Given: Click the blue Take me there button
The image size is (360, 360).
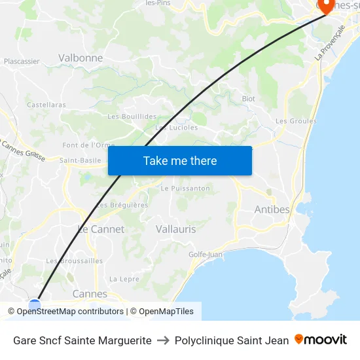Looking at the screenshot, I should coord(180,160).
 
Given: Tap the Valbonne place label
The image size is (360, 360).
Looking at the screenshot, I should coord(81,58).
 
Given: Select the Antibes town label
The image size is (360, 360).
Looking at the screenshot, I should coord(271,209).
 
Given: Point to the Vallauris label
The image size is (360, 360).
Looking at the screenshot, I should coord(176,229).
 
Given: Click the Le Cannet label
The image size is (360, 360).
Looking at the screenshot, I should coord(101,229).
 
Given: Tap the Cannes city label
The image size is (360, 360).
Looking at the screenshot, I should coord(90,294).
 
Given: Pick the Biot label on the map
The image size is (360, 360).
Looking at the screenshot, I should coord(248,98).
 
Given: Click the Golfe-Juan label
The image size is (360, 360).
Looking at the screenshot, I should coord(206,255).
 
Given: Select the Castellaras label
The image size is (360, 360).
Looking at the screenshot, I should coord(46,105).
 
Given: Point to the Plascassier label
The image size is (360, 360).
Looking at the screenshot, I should coord(22,62).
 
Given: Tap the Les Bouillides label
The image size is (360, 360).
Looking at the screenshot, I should coord(132,117).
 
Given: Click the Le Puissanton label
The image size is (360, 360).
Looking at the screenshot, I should coord(185,189).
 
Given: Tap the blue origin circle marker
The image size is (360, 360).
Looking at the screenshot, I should coord(35,304).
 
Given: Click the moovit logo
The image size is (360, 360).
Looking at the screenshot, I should coord(321,340).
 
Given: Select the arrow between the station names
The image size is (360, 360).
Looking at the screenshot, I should coord(163,340).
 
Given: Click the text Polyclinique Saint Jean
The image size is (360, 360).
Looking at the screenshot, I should coord(232,340).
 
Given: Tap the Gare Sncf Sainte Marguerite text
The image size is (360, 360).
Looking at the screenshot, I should coord(82,340).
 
